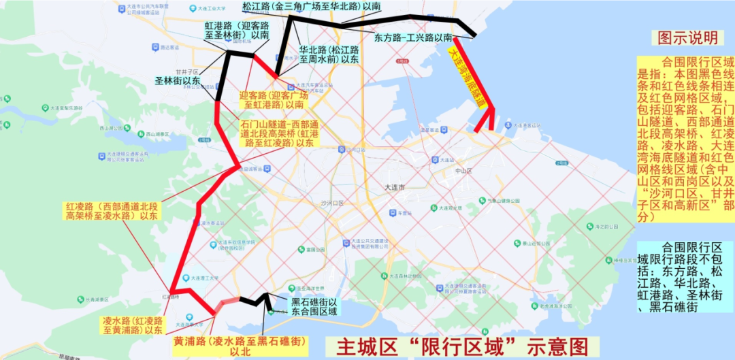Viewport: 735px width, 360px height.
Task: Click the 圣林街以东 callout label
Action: tap(177, 81)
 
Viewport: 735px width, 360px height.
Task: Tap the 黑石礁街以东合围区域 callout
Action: tap(314, 307)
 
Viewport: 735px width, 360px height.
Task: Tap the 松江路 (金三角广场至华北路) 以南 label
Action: tap(311, 6)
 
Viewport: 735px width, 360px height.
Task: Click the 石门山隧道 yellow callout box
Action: tap(279, 134)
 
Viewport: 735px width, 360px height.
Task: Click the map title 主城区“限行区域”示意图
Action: tap(456, 346)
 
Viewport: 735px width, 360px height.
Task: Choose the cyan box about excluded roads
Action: tap(685, 277)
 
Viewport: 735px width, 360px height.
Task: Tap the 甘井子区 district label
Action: tap(186, 71)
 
